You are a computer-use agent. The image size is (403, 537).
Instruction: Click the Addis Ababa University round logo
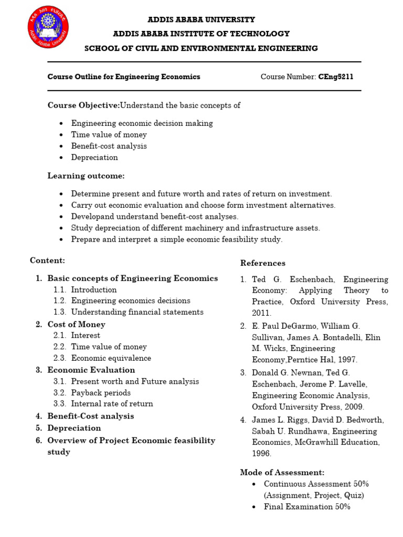[48, 30]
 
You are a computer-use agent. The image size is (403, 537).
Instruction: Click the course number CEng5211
[336, 77]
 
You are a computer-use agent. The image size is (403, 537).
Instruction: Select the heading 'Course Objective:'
[83, 105]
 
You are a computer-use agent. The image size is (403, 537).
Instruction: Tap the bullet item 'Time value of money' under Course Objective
[109, 135]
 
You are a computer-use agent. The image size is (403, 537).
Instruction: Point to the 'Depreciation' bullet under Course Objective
[94, 157]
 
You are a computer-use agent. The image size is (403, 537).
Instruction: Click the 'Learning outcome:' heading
[86, 176]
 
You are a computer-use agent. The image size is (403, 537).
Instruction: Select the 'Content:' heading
[47, 260]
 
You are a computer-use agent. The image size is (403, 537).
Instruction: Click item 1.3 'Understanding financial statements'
[137, 312]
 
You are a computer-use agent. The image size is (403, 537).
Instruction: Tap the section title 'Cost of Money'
[76, 324]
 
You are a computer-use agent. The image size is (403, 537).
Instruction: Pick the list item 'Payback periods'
[101, 393]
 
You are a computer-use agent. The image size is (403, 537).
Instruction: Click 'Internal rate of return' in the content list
[112, 404]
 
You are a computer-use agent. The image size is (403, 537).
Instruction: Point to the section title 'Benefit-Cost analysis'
[90, 416]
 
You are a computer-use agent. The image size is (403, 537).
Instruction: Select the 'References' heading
[263, 263]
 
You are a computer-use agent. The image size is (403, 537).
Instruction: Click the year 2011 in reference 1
[261, 313]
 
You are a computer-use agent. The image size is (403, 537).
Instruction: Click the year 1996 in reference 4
[261, 454]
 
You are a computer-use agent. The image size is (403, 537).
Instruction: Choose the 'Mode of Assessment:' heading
[282, 472]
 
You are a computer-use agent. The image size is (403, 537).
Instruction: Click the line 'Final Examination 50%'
[307, 507]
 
